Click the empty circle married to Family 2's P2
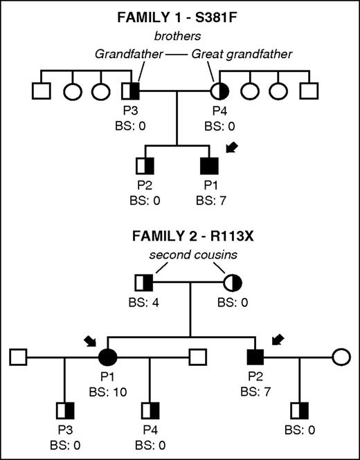pos(340,357)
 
